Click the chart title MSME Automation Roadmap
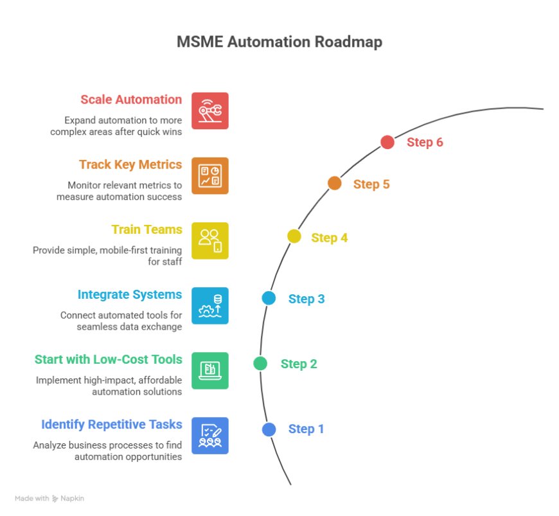click(279, 42)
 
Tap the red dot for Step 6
click(387, 142)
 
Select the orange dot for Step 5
click(334, 183)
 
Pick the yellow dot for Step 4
click(294, 236)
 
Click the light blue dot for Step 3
click(269, 298)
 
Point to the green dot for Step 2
click(260, 364)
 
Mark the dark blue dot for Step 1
click(269, 429)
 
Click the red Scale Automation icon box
click(210, 111)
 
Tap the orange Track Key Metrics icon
click(210, 175)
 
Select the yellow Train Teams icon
click(210, 240)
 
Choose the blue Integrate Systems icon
click(210, 305)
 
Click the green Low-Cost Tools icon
click(210, 370)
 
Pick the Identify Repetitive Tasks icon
click(210, 435)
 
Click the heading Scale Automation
click(131, 100)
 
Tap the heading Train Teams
click(146, 229)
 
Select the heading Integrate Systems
click(130, 294)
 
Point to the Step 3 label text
click(306, 299)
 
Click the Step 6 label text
click(425, 143)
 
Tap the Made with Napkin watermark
click(49, 498)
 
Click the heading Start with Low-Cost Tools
click(108, 359)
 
